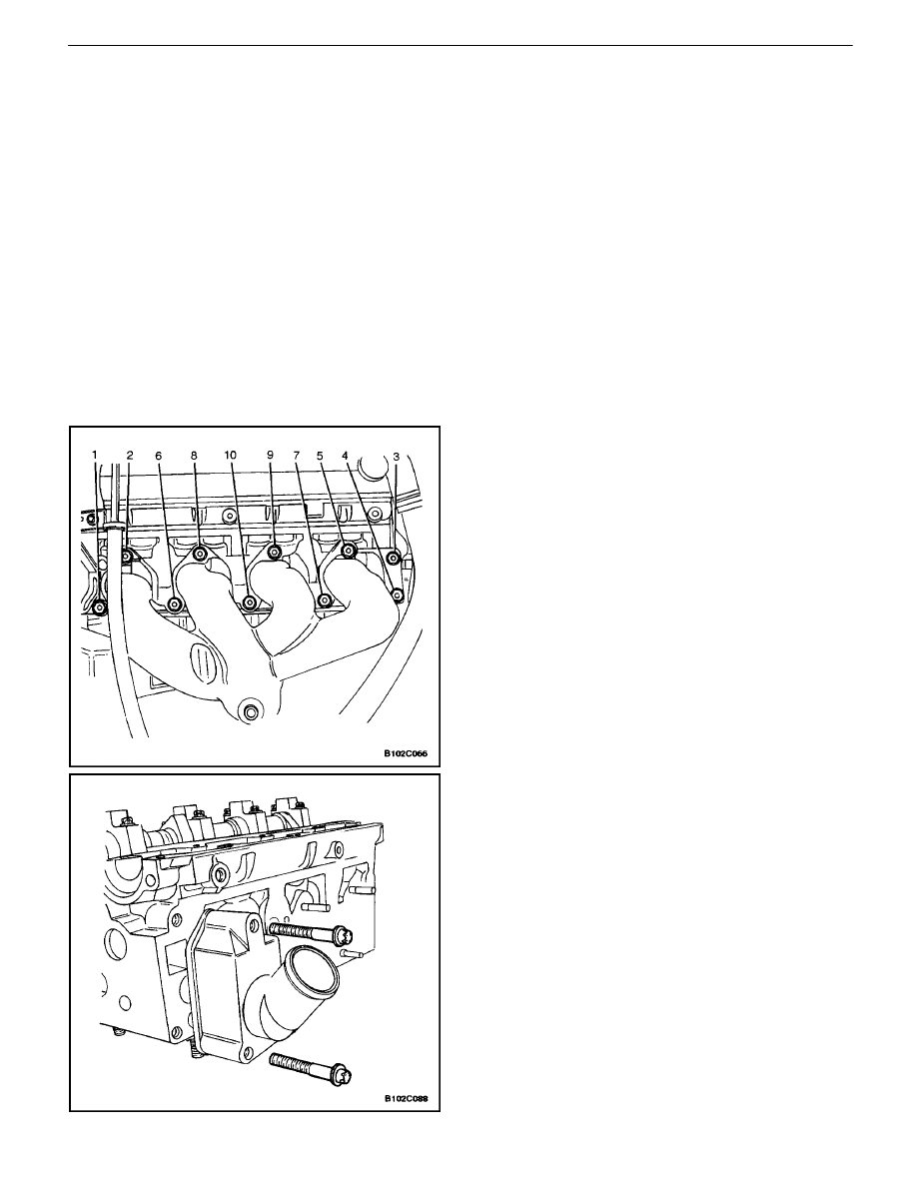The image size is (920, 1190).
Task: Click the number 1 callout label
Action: (x=95, y=455)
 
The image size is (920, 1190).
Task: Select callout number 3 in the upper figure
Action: (x=396, y=456)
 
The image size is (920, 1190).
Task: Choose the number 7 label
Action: (x=297, y=456)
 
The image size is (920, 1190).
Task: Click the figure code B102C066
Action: (x=406, y=754)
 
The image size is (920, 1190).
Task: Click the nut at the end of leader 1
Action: (x=99, y=606)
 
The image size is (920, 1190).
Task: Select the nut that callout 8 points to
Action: (x=200, y=554)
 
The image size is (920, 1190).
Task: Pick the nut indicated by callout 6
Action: (x=175, y=604)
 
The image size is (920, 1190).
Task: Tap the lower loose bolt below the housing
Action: (x=312, y=1063)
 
